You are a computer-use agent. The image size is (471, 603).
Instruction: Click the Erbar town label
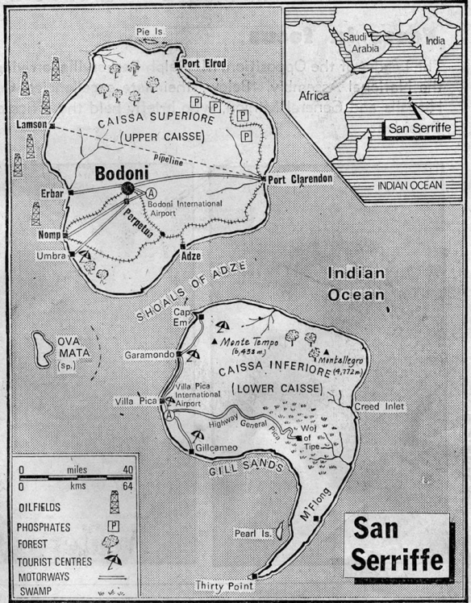coord(51,193)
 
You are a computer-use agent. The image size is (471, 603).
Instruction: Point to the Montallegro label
coord(346,354)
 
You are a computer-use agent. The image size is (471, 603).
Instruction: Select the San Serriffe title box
coord(395,544)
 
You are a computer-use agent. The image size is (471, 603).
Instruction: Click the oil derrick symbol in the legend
coord(115,502)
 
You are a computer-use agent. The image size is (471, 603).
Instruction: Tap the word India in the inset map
coord(435,40)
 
